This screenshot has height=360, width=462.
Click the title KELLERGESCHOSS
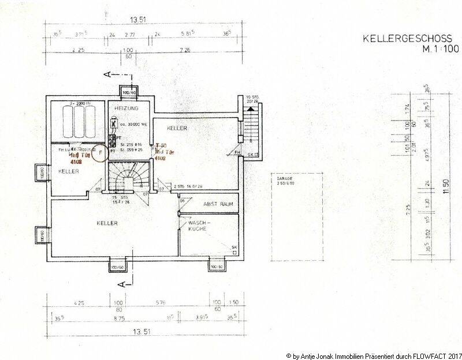coord(407,39)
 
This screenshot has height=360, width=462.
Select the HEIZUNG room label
coord(126,108)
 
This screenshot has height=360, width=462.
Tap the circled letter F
coord(100,153)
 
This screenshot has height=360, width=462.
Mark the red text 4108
coord(75,162)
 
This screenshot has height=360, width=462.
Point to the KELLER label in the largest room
coord(107,223)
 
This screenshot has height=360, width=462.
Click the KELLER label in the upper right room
coord(178,126)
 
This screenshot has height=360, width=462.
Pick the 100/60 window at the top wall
coord(128,92)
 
